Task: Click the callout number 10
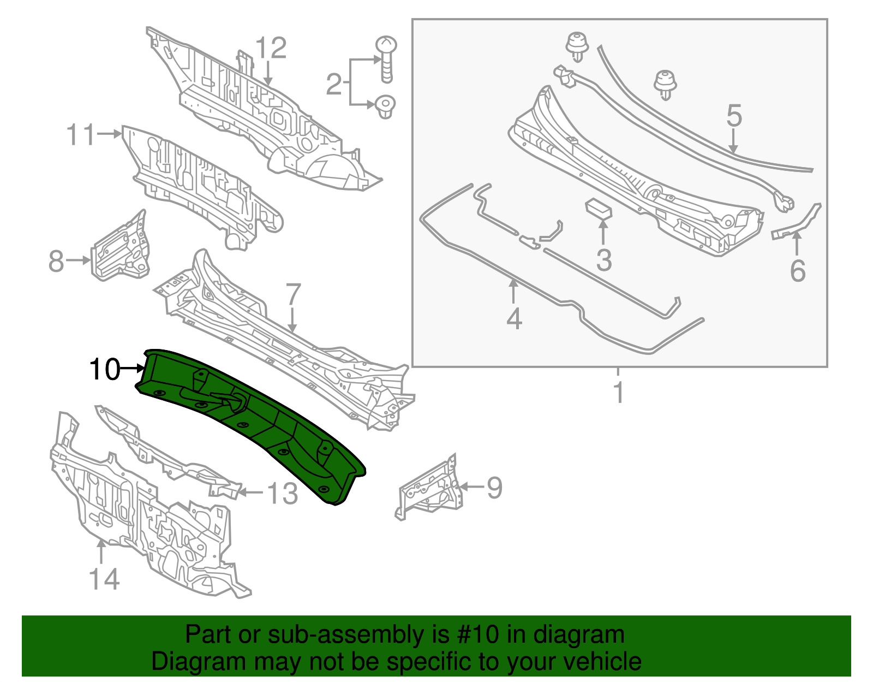pyautogui.click(x=104, y=370)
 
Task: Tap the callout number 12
pyautogui.click(x=271, y=48)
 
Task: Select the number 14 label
pyautogui.click(x=104, y=579)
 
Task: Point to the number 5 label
pyautogui.click(x=734, y=116)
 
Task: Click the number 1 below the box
pyautogui.click(x=618, y=393)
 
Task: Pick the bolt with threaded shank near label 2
pyautogui.click(x=386, y=58)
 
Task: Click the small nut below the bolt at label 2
pyautogui.click(x=385, y=106)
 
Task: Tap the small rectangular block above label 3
pyautogui.click(x=598, y=208)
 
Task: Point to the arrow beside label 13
pyautogui.click(x=250, y=493)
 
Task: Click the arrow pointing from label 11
pyautogui.click(x=110, y=134)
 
